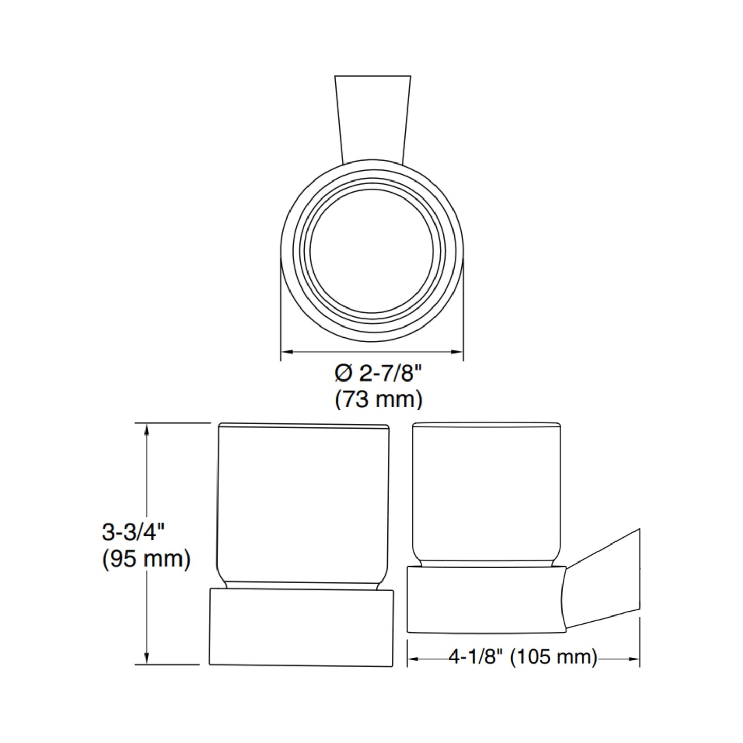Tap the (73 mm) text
click(x=378, y=400)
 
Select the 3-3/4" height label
click(x=133, y=532)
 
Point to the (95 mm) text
click(x=147, y=559)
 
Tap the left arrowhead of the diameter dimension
click(x=288, y=352)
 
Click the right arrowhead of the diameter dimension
click(x=456, y=352)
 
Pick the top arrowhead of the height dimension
click(x=147, y=430)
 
